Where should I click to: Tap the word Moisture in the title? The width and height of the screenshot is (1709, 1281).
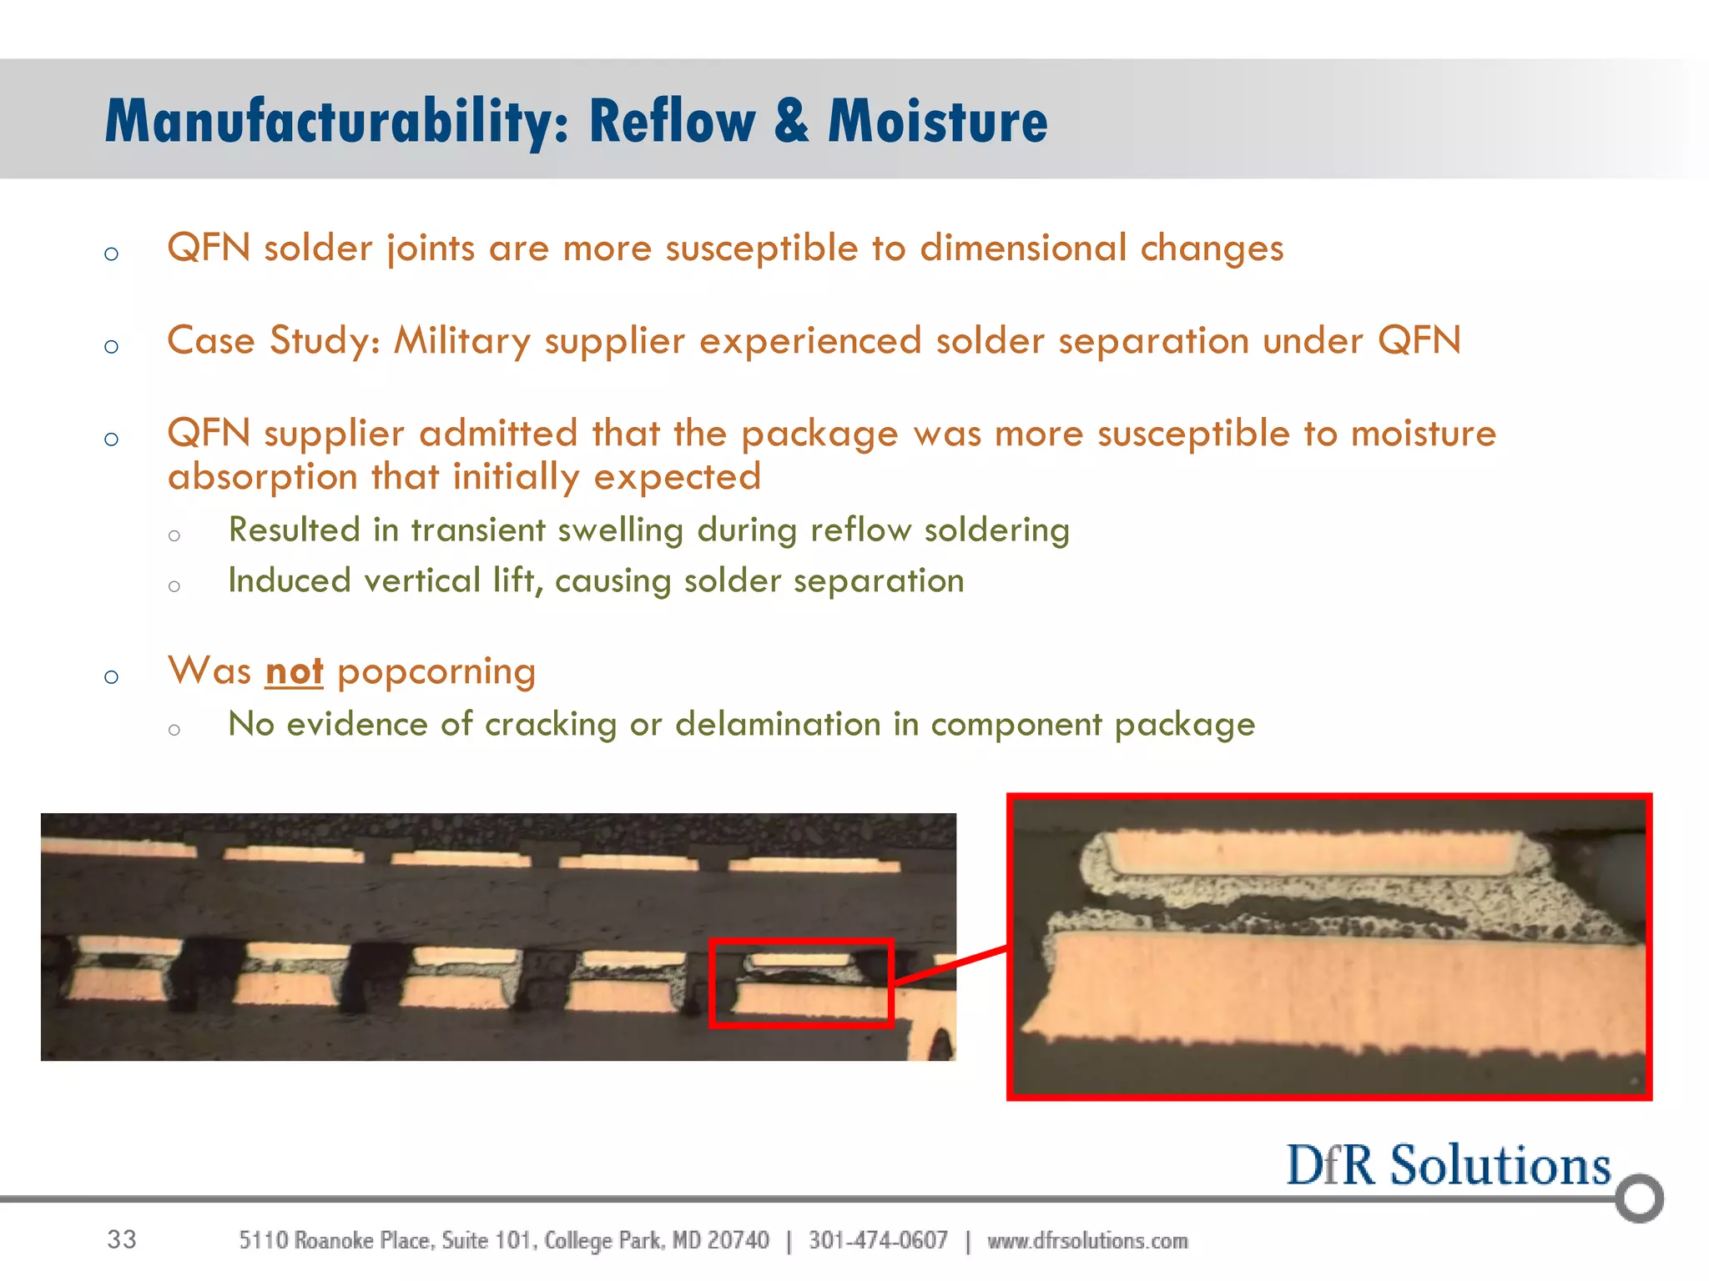tap(937, 122)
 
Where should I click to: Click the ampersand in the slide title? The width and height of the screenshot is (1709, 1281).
tap(790, 122)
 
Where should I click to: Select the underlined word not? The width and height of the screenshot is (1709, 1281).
tap(294, 671)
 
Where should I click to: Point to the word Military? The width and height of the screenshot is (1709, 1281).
tap(461, 341)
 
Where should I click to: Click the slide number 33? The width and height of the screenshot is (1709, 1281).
tap(122, 1239)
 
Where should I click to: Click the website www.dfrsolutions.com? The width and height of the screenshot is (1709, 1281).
tap(1087, 1240)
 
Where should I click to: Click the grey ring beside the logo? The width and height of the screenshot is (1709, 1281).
tap(1639, 1198)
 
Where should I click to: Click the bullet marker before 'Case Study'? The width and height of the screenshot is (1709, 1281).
tap(112, 346)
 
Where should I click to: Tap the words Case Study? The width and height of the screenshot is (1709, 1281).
tap(272, 341)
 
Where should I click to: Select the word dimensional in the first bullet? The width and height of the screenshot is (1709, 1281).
tap(1022, 249)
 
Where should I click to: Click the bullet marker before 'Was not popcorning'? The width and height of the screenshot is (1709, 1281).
tap(112, 676)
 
